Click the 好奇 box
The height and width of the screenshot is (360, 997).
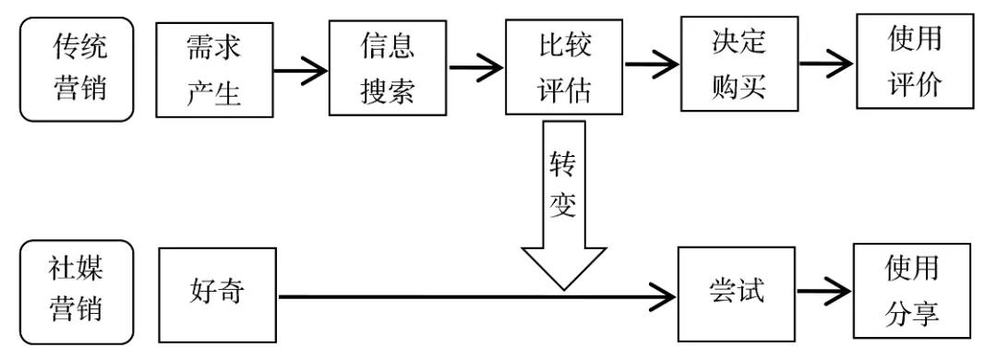coord(217,294)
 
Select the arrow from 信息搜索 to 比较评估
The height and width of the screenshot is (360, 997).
coord(475,67)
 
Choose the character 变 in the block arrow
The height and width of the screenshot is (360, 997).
coord(562,205)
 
